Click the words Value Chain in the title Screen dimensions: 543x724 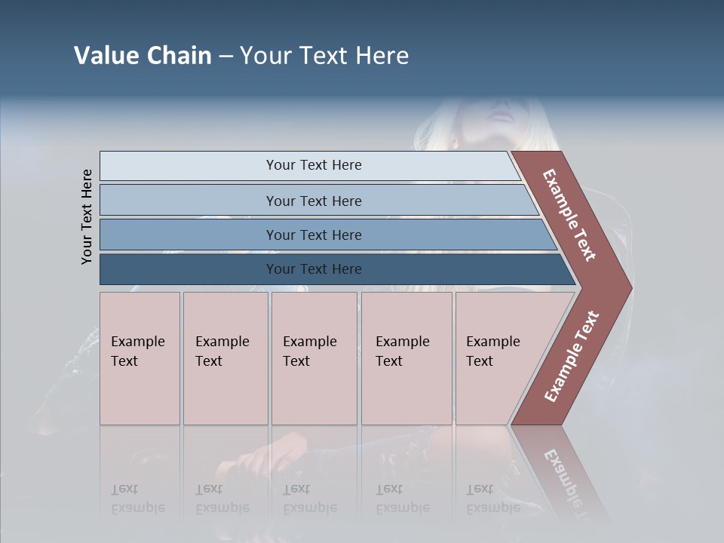point(143,56)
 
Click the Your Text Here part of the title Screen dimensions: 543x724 point(324,56)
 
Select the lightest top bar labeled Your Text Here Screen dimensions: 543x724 point(313,165)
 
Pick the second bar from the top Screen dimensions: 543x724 point(313,201)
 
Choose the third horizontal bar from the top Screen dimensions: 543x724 point(313,235)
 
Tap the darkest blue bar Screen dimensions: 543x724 point(313,269)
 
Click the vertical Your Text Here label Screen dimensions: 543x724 point(87,216)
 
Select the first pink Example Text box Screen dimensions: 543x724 point(140,358)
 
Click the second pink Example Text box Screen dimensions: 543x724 point(225,358)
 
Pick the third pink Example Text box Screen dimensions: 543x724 point(313,358)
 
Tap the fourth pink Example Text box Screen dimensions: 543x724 point(406,358)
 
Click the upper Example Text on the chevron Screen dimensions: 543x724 point(569,215)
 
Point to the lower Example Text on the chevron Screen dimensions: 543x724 point(572,357)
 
